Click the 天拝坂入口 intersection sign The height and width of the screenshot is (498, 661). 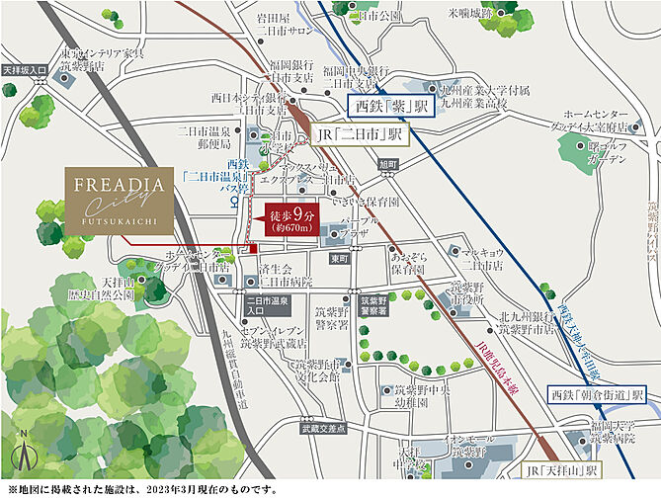tap(25, 71)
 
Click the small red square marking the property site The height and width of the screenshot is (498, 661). tap(254, 247)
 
